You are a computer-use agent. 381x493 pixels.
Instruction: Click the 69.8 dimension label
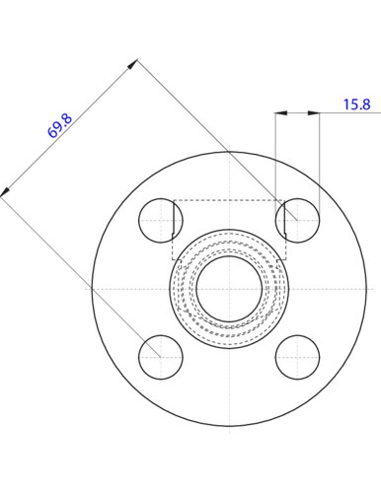(x=59, y=126)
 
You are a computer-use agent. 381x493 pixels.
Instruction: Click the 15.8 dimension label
(x=357, y=105)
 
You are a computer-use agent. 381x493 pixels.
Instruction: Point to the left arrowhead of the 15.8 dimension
(x=281, y=113)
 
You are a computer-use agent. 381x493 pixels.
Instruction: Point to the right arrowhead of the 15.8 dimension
(x=314, y=113)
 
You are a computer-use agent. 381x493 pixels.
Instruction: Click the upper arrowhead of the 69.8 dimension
(x=132, y=64)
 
